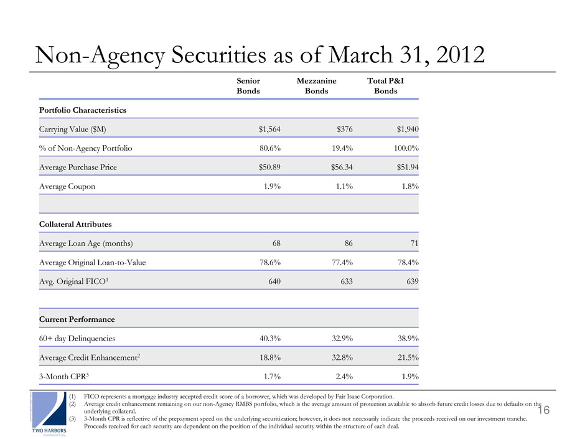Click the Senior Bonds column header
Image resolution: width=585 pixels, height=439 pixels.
coord(248,86)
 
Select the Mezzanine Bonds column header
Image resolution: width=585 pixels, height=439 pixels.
coord(317,86)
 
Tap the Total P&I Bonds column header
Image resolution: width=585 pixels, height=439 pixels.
coord(385,86)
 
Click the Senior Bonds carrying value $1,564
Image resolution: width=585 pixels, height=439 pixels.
coord(269,129)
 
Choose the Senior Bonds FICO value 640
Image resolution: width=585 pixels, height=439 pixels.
coord(273,281)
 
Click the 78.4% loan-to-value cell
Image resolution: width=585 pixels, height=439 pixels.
coord(405,262)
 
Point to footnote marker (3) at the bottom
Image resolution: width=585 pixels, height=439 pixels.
coord(73,418)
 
